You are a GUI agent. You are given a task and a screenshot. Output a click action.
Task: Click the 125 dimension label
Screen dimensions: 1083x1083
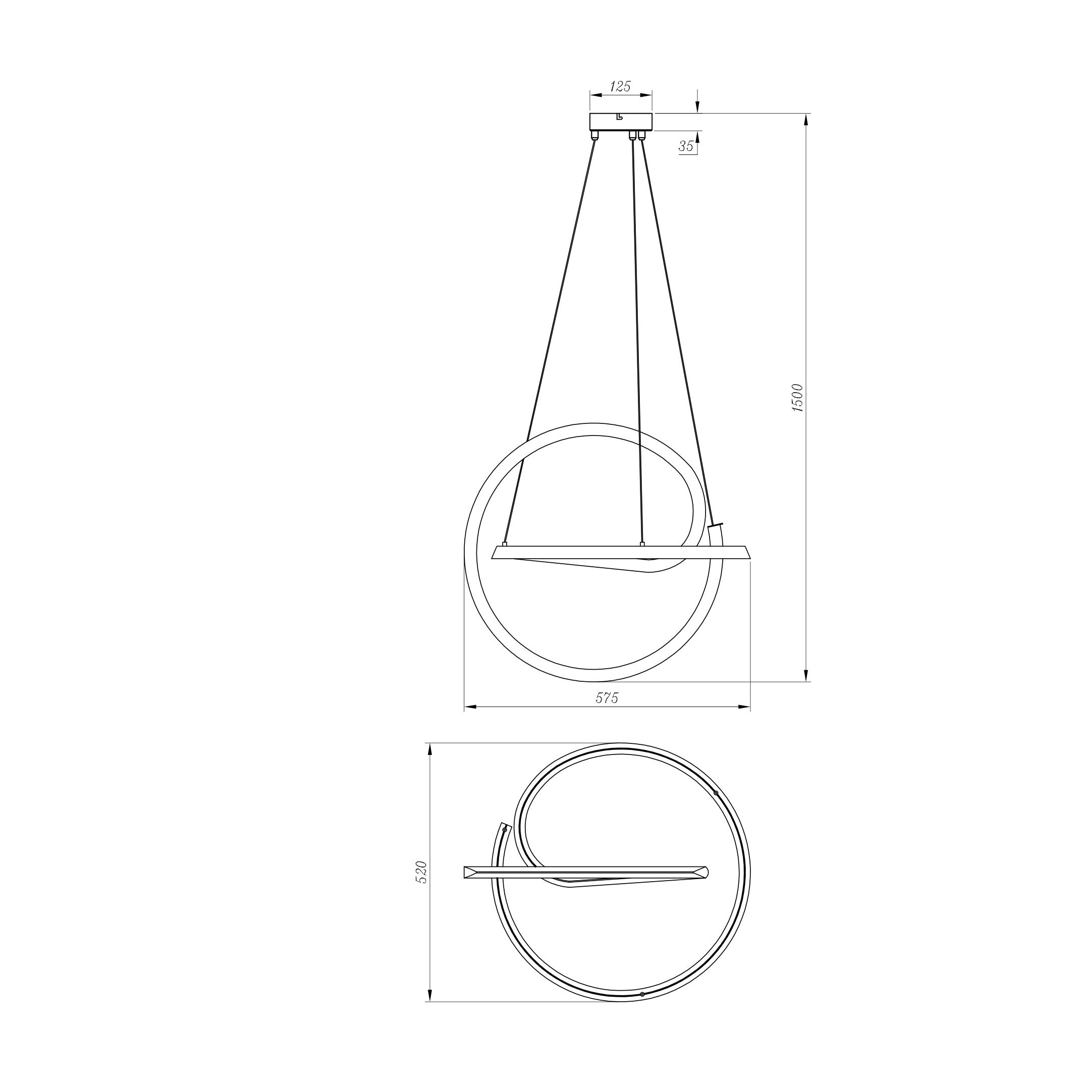coord(620,86)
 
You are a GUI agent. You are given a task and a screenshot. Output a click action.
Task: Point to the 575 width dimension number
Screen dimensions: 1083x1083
coord(607,698)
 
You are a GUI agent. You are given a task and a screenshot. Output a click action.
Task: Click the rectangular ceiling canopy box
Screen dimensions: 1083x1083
coord(621,121)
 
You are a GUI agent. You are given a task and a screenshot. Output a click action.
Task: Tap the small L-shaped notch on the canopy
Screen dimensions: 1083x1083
coord(619,117)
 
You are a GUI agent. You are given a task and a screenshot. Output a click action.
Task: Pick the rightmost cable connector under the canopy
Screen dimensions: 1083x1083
coord(642,135)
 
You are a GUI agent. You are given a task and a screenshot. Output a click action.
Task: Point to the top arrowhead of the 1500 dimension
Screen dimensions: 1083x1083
coord(806,118)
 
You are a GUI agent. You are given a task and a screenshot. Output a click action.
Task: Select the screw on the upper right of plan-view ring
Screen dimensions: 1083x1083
coord(716,793)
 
